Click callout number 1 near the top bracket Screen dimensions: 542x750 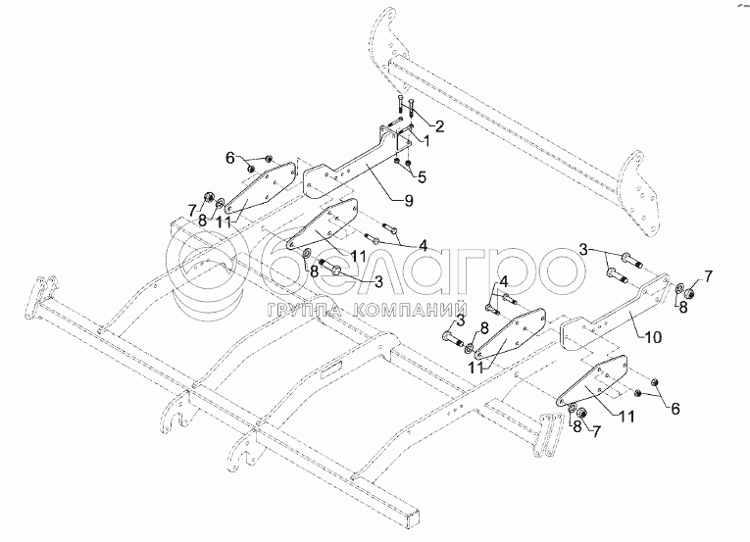click(426, 140)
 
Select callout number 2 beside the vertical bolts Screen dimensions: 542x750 click(440, 125)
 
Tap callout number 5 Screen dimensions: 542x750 click(422, 177)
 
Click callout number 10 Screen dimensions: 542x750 click(654, 336)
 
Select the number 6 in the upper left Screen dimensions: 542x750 click(230, 157)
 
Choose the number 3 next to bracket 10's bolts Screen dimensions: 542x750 click(583, 250)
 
